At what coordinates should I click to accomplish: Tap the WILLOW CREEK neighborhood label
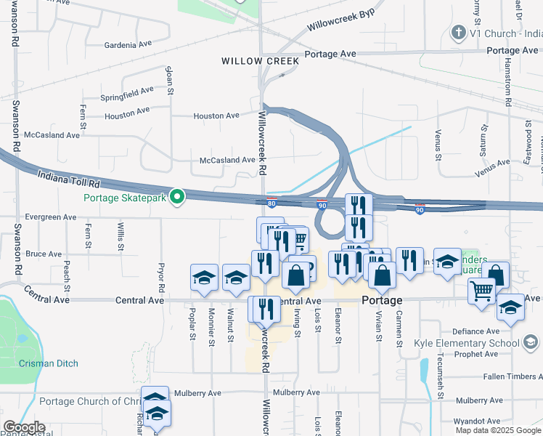[261, 62]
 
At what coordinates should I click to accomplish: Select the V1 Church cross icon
[458, 32]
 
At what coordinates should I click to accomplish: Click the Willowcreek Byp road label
[340, 20]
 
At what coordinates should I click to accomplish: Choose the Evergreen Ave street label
[51, 217]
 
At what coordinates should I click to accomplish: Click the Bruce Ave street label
[44, 254]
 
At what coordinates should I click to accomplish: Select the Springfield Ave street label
[127, 94]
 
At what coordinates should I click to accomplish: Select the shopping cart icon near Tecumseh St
[481, 291]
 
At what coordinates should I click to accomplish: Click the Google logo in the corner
[24, 427]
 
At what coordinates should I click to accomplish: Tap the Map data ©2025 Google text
[497, 430]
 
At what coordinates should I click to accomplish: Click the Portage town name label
[381, 301]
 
